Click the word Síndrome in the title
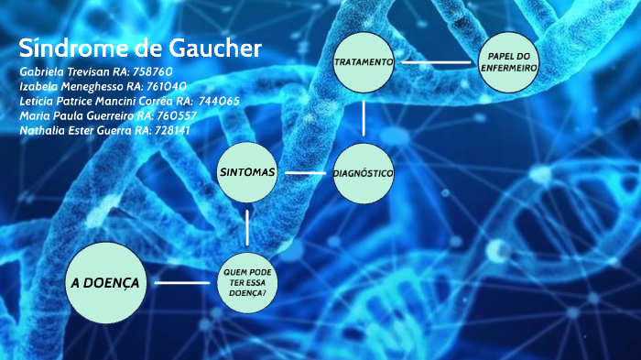(x=74, y=49)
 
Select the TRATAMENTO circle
(x=364, y=62)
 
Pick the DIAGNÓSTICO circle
(x=364, y=172)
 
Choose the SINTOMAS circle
(x=247, y=172)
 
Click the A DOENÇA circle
(x=105, y=283)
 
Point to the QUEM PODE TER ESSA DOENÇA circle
(x=247, y=281)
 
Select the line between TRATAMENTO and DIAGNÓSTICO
(x=364, y=117)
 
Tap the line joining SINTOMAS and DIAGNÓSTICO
(x=305, y=172)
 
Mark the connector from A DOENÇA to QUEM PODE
(x=181, y=283)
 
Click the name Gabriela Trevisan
(x=65, y=71)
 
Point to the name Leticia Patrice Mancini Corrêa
(x=96, y=101)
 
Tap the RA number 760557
(x=178, y=115)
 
